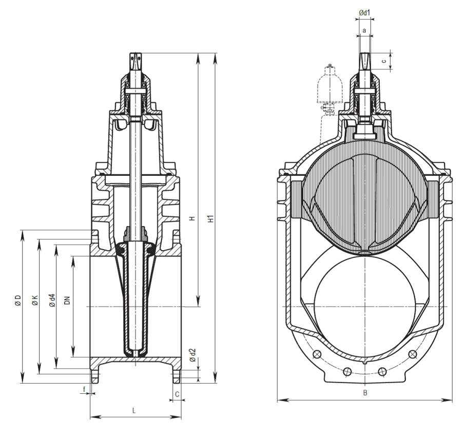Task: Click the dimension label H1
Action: coord(210,218)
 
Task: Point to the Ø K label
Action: coord(34,300)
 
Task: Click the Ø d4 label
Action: coord(51,300)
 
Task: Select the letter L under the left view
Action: coord(134,410)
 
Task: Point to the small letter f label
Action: coord(84,389)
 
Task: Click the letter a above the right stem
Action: coord(364,30)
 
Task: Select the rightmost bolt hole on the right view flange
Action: coord(411,354)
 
